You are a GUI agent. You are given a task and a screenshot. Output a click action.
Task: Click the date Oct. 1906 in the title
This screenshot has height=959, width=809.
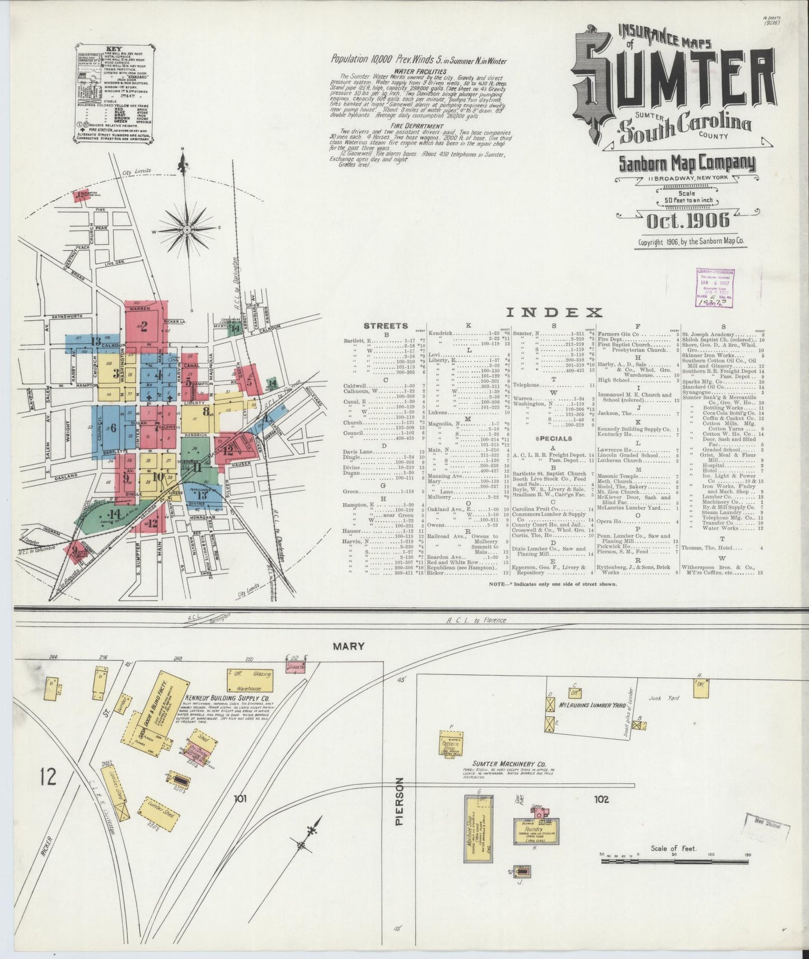688,221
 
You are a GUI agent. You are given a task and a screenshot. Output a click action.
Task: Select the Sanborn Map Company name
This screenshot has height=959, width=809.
687,164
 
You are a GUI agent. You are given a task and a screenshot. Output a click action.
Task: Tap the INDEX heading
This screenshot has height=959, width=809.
554,313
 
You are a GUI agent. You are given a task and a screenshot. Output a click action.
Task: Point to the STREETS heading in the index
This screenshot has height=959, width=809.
386,326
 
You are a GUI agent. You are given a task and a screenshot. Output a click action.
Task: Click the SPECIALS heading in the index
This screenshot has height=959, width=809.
554,439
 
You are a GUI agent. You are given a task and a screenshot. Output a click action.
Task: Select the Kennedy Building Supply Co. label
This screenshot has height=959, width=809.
227,699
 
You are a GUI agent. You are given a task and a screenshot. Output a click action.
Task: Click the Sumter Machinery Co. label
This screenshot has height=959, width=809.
508,764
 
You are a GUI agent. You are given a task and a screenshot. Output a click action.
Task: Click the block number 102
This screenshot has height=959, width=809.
601,800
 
